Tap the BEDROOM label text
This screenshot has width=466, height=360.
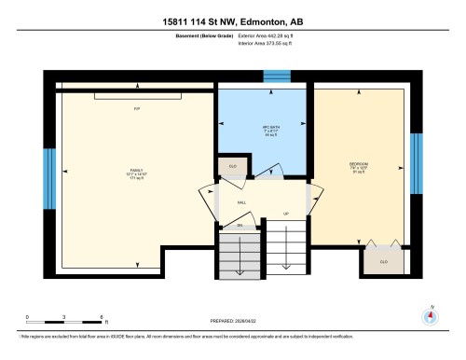(x=360, y=165)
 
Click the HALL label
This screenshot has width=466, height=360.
(x=241, y=201)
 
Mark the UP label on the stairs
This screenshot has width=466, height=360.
(x=285, y=213)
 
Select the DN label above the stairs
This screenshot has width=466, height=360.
(x=240, y=226)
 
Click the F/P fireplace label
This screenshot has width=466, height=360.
(x=136, y=109)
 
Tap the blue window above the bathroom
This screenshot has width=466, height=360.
(x=276, y=76)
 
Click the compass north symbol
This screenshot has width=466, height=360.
(x=429, y=315)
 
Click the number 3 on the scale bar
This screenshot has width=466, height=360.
(x=63, y=317)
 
